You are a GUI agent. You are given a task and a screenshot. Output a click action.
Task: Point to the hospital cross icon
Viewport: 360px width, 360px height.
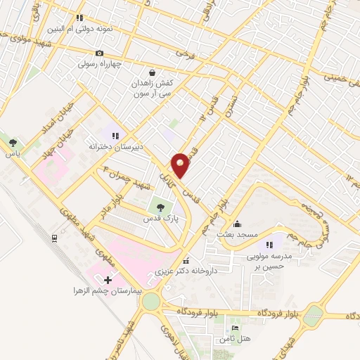107,280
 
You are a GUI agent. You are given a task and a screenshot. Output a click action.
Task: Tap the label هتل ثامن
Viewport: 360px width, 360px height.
234,340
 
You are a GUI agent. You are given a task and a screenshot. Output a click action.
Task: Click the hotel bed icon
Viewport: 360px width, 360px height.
235,328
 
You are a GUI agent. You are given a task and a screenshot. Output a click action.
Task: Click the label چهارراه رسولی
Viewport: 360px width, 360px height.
99,63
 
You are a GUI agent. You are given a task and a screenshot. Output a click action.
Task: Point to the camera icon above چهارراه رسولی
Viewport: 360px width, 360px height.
100,53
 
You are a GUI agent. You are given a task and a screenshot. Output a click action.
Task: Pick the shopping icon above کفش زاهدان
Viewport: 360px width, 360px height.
153,72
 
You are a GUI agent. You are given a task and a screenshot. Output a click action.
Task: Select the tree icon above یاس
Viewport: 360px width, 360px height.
12,143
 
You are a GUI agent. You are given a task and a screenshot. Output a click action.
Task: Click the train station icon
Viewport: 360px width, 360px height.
54,238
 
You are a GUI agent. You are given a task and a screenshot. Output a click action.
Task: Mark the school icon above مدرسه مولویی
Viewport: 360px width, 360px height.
269,244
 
